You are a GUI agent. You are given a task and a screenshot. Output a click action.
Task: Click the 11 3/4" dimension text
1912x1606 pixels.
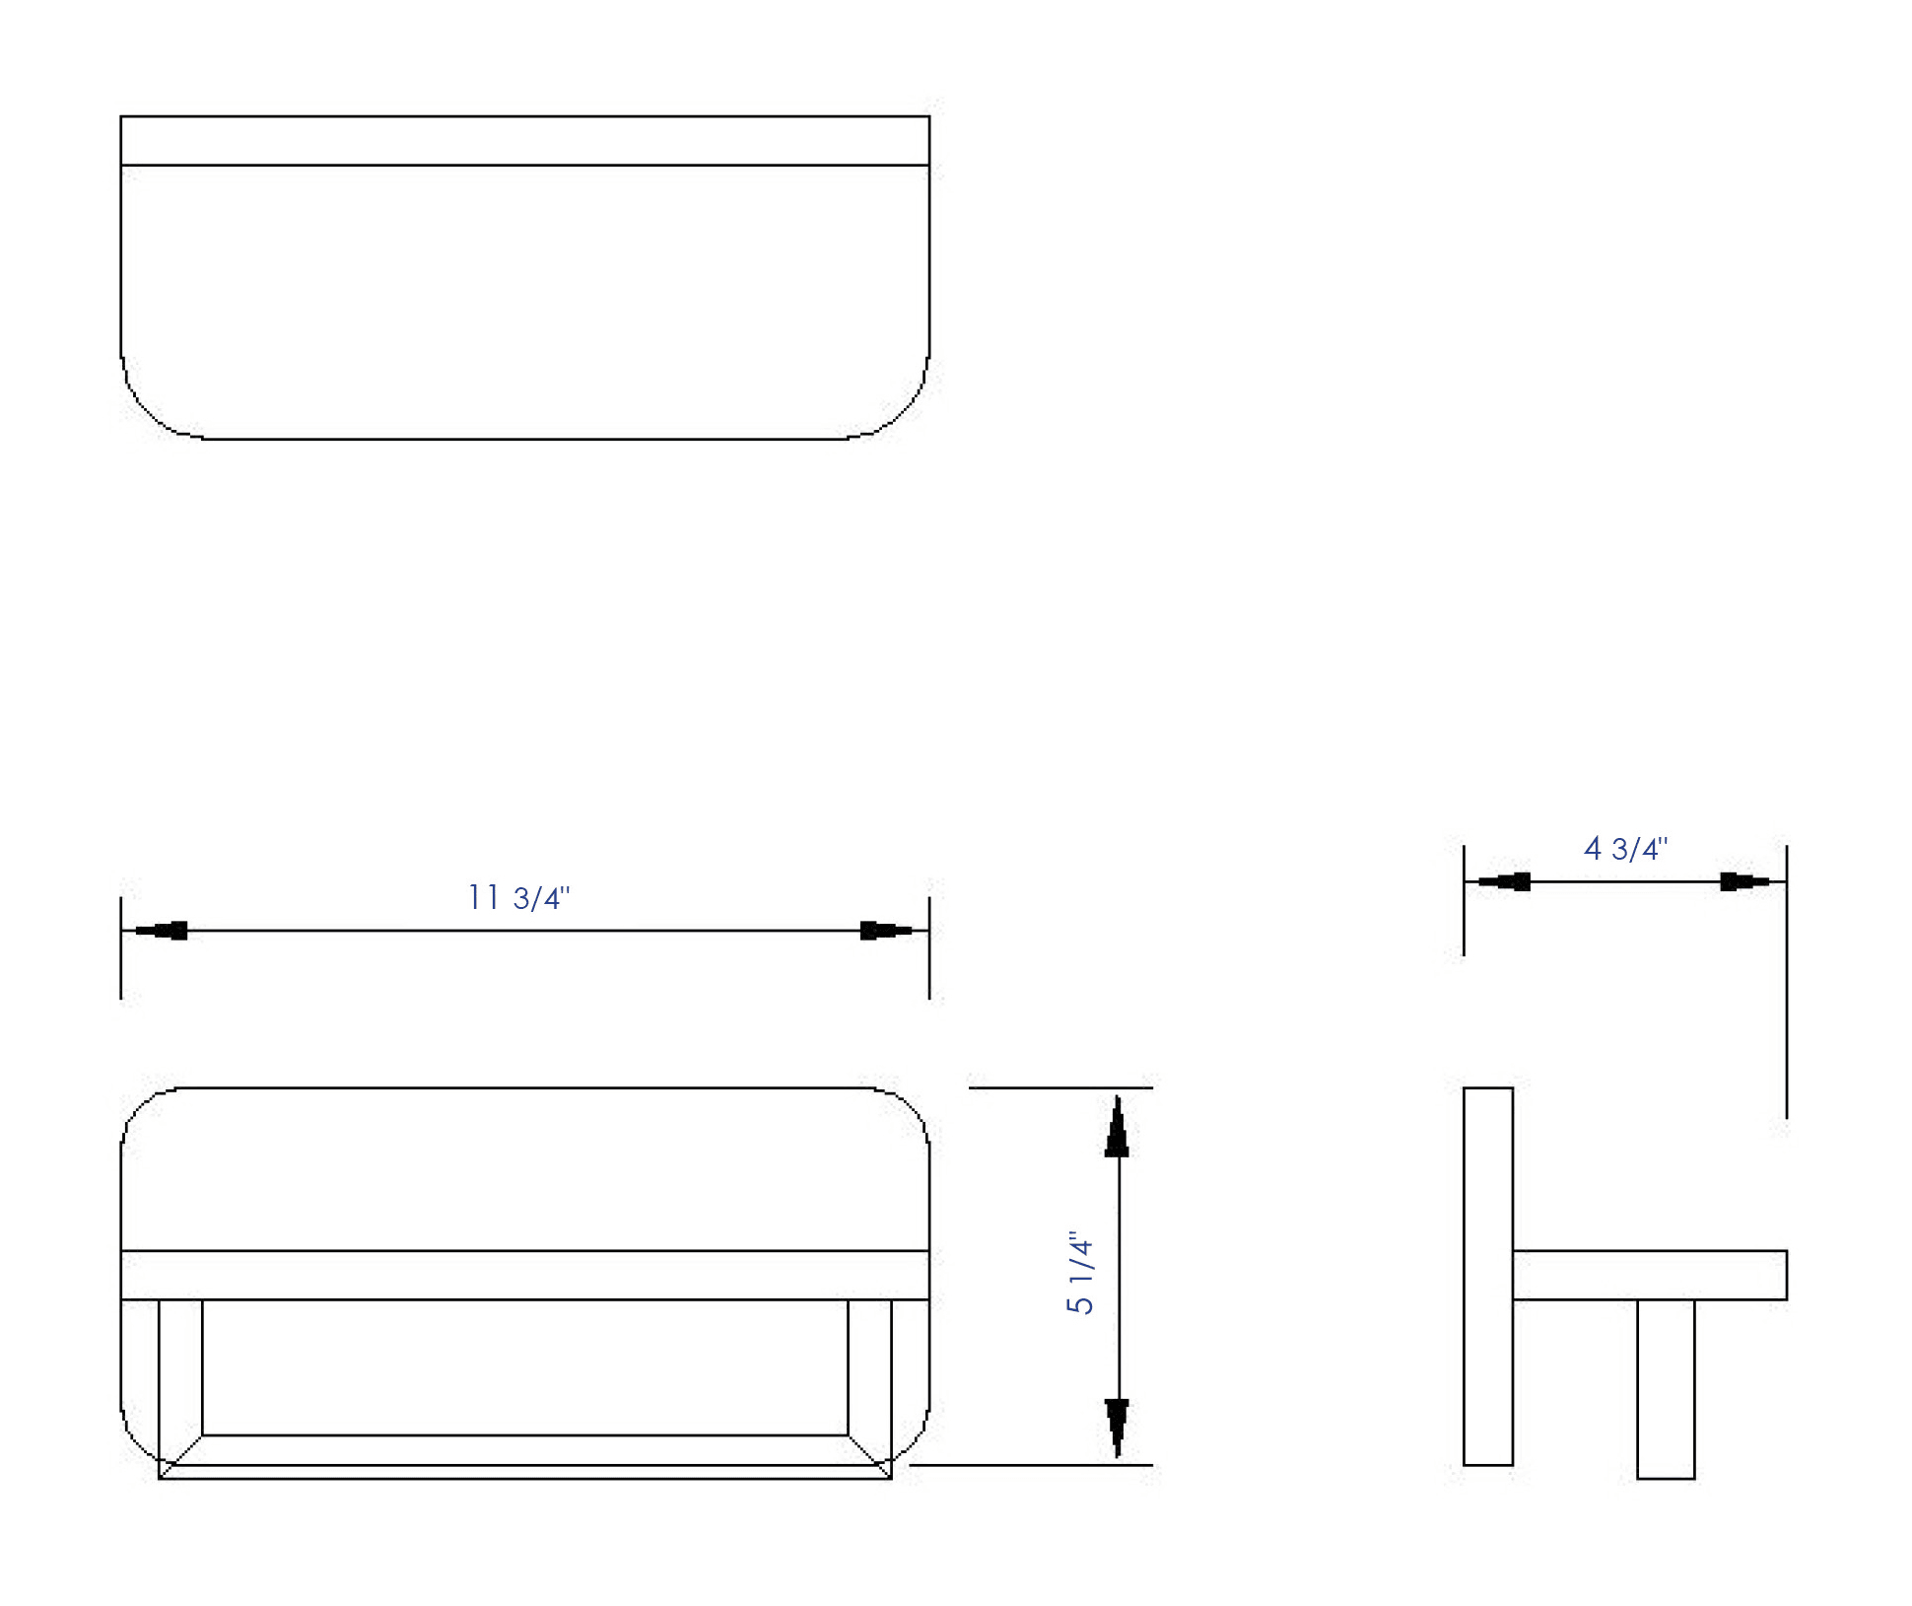click(518, 897)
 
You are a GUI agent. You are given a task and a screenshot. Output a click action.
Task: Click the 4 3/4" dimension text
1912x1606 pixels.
click(1625, 848)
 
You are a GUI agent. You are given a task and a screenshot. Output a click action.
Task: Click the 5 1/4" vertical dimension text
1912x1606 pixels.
click(1081, 1273)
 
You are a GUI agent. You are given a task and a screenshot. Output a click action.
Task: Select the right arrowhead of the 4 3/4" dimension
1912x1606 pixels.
click(1744, 881)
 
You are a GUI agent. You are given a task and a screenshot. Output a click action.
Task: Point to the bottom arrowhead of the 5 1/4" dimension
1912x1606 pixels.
click(1117, 1426)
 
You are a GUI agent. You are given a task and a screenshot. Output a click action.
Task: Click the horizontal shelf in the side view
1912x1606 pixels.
click(1649, 1275)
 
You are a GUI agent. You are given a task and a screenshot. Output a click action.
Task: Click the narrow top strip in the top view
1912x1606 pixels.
click(524, 141)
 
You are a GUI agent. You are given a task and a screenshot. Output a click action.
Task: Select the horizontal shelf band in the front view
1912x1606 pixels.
click(524, 1275)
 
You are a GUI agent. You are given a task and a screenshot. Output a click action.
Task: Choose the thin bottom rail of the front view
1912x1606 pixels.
click(524, 1471)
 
